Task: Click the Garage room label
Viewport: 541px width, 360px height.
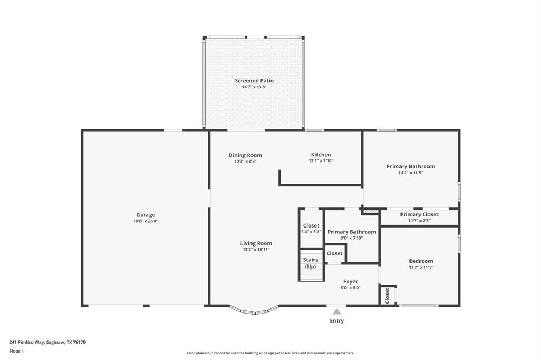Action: pyautogui.click(x=146, y=215)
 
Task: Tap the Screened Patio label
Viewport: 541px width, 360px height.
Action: pyautogui.click(x=254, y=81)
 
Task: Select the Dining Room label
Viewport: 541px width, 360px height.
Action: pyautogui.click(x=245, y=155)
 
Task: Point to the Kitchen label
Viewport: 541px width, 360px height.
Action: pyautogui.click(x=321, y=155)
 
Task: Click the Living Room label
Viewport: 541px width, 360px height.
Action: pyautogui.click(x=256, y=243)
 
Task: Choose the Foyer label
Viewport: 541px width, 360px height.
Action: pyautogui.click(x=351, y=282)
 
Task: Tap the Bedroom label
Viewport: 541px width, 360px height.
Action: pyautogui.click(x=421, y=261)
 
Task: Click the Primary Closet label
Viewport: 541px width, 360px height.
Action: pyautogui.click(x=419, y=214)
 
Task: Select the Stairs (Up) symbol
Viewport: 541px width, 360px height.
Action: pyautogui.click(x=311, y=269)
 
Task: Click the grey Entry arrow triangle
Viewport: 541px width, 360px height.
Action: pyautogui.click(x=337, y=312)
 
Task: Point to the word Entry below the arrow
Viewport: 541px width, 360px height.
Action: pyautogui.click(x=337, y=321)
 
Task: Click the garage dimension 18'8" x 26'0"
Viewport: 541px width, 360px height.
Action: pyautogui.click(x=146, y=221)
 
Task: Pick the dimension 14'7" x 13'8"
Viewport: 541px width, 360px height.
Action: pyautogui.click(x=254, y=87)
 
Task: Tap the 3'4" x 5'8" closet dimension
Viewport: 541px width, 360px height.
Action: pyautogui.click(x=311, y=232)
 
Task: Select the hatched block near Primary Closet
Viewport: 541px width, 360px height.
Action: pyautogui.click(x=371, y=211)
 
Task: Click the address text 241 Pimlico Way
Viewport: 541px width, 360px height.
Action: pyautogui.click(x=26, y=343)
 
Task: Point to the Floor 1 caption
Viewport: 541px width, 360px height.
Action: pyautogui.click(x=16, y=352)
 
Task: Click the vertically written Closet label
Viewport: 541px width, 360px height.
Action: pyautogui.click(x=387, y=296)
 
